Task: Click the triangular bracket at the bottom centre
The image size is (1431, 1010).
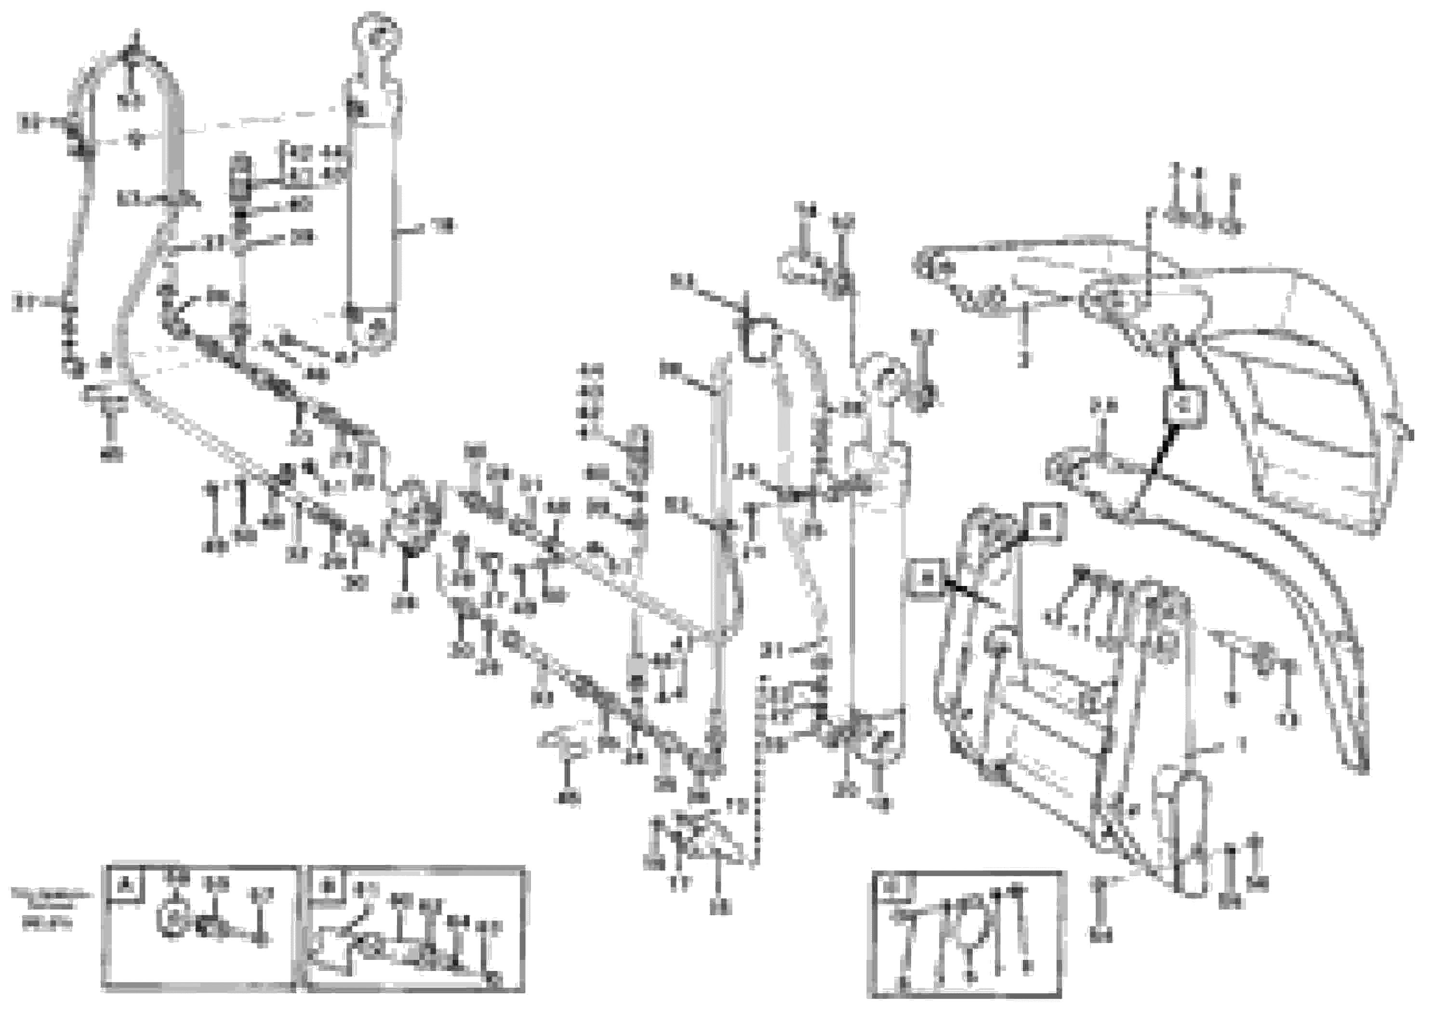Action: coord(704,838)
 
